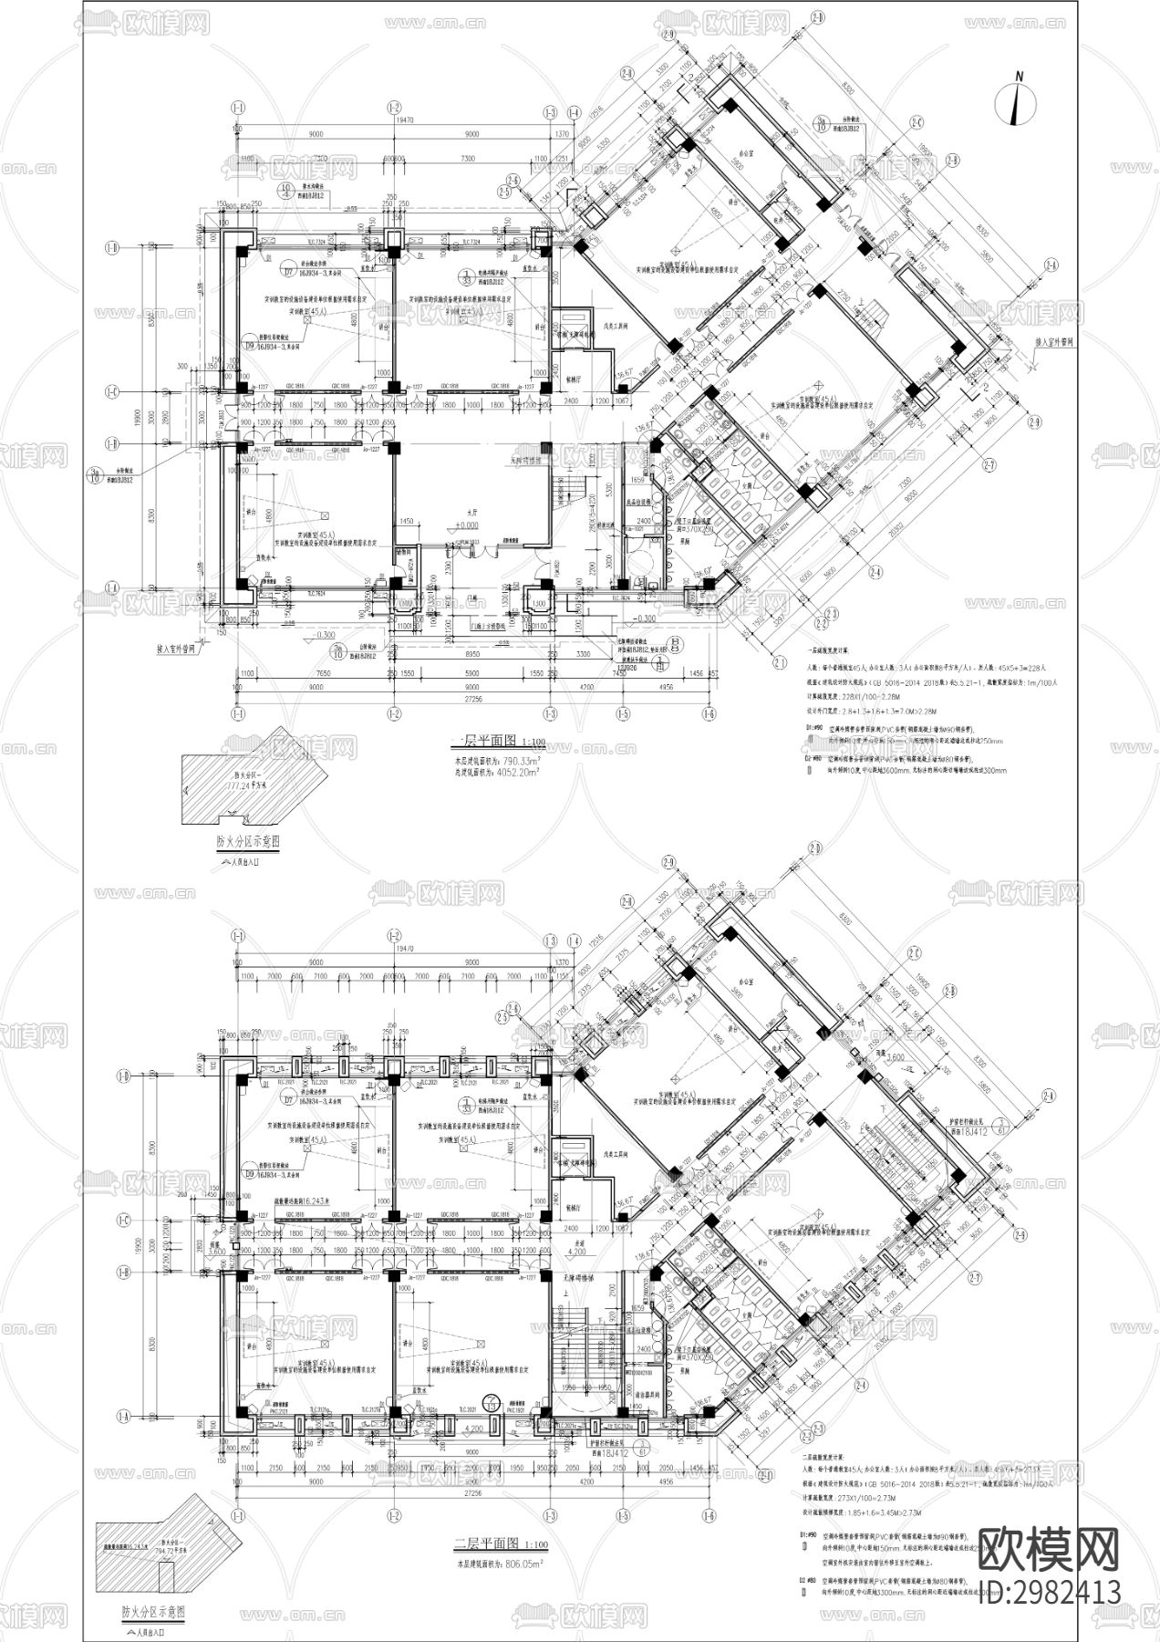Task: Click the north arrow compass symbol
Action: (x=1020, y=99)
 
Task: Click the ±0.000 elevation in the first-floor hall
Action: (x=470, y=525)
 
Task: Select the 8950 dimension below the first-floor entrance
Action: (x=466, y=654)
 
